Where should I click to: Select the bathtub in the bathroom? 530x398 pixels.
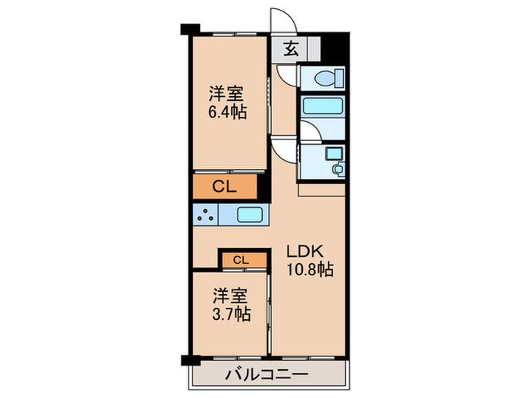point(323,105)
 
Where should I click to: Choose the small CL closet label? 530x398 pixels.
point(241,260)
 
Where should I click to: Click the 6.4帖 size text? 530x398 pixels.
point(226,111)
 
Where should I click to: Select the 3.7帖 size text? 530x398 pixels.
point(231,312)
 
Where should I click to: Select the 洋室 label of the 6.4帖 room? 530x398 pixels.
point(226,94)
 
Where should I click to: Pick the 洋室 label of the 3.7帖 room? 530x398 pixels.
point(230,295)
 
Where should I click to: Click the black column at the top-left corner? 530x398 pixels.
point(189,31)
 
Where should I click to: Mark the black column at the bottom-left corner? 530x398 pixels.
point(187,360)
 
